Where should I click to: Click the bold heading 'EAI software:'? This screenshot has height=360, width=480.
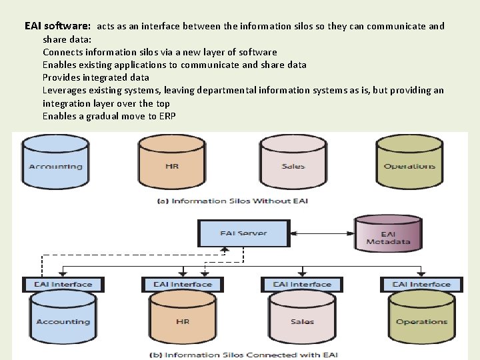click(57, 27)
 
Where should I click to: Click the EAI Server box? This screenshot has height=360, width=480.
click(243, 233)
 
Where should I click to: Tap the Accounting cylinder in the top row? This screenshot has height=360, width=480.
click(56, 162)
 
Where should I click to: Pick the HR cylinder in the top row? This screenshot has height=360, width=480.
click(172, 162)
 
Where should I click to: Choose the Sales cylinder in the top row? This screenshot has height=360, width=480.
click(293, 162)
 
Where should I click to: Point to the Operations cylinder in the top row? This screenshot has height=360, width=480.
click(409, 162)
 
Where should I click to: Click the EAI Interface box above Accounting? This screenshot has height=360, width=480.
click(63, 285)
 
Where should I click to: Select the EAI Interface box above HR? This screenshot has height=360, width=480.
click(182, 285)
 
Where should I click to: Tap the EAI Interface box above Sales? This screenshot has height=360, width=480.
click(302, 285)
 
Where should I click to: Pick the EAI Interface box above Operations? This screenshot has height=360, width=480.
click(421, 285)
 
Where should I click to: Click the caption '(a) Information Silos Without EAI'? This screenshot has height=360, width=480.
click(232, 201)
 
